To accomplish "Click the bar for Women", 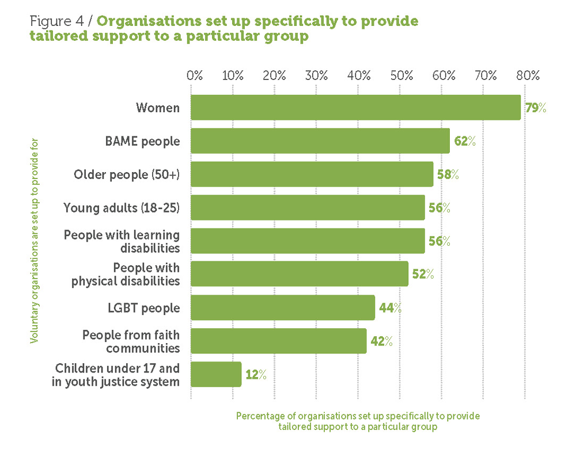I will pyautogui.click(x=355, y=108).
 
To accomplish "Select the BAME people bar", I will pyautogui.click(x=320, y=141).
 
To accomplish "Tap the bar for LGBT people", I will pyautogui.click(x=282, y=307).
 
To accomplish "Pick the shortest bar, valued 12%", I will pyautogui.click(x=216, y=374).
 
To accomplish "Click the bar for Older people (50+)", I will pyautogui.click(x=312, y=174).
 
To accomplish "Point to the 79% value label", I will pyautogui.click(x=535, y=108).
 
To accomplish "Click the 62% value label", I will pyautogui.click(x=464, y=141).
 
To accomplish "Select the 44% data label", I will pyautogui.click(x=390, y=307).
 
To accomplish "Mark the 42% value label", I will pyautogui.click(x=381, y=341).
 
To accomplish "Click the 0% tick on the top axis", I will pyautogui.click(x=195, y=75).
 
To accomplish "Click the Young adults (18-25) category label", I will pyautogui.click(x=122, y=208).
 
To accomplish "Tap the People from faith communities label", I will pyautogui.click(x=131, y=341).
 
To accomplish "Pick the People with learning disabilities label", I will pyautogui.click(x=122, y=241).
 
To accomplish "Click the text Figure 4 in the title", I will pyautogui.click(x=57, y=21).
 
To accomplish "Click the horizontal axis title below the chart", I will pyautogui.click(x=357, y=421).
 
